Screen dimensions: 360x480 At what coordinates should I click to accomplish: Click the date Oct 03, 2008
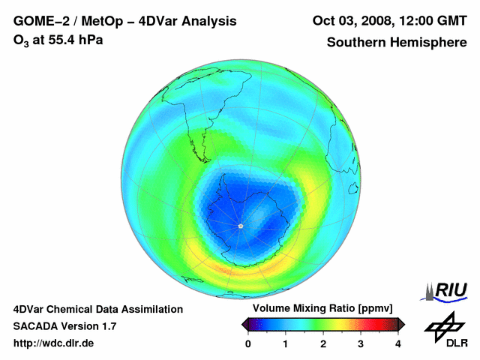click(352, 21)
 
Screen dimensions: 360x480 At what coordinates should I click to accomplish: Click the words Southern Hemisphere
click(396, 43)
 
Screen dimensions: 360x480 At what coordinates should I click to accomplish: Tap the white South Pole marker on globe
click(240, 226)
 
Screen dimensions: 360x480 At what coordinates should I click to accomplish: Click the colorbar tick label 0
click(248, 343)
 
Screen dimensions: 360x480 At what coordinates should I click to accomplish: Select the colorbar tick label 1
click(286, 343)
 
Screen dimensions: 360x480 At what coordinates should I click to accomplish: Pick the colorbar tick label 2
click(323, 343)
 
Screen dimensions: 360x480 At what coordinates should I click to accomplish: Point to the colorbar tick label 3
click(361, 343)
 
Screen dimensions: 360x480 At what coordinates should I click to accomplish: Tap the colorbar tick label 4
click(398, 343)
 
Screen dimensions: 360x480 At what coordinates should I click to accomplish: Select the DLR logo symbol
click(442, 325)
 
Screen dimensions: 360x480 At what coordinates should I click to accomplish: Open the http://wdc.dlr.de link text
click(54, 343)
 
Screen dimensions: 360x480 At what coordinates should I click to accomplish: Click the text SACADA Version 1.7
click(64, 326)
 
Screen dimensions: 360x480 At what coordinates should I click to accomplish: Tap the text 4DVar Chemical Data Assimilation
click(97, 309)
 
